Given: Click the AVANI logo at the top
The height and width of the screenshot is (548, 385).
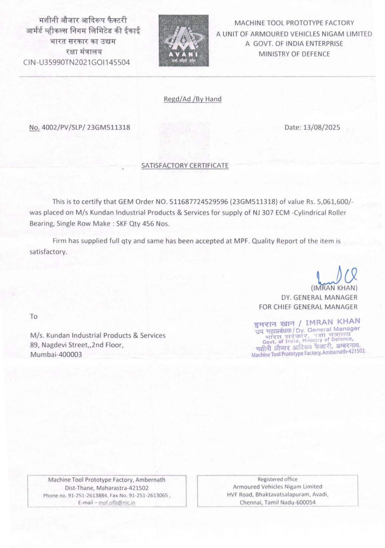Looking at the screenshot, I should point(184,41).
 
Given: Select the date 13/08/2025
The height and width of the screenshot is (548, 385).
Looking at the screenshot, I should point(322,127).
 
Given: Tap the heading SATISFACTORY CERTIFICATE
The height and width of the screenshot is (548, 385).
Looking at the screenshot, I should point(185,165).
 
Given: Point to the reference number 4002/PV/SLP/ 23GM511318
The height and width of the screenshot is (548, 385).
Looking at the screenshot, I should point(86,127).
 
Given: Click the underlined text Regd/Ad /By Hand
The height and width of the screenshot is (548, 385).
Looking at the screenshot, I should point(193,99).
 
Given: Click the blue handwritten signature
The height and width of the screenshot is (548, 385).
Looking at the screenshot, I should point(337,275).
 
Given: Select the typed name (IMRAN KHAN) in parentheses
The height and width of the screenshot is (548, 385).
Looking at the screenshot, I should point(334,288).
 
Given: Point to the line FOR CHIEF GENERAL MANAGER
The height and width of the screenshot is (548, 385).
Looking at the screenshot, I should point(308,307).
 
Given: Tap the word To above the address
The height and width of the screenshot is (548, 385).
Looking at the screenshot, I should point(34,317).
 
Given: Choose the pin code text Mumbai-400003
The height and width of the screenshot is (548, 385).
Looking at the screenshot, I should point(56,355).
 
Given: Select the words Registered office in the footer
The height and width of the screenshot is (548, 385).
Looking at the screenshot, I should point(277,479).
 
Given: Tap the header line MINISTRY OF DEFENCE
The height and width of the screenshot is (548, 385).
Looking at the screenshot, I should point(294,54).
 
